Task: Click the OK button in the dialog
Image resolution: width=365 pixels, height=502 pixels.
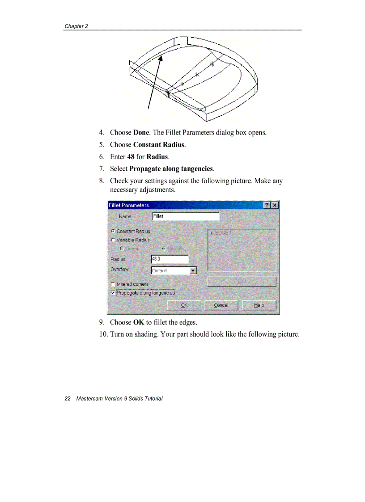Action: click(x=184, y=305)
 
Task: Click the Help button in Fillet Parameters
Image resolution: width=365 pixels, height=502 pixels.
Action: click(x=259, y=305)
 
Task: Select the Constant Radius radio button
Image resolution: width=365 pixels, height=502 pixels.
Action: click(x=113, y=232)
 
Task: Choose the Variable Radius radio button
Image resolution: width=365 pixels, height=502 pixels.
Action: click(x=113, y=240)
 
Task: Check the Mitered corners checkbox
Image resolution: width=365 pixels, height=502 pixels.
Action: click(x=113, y=284)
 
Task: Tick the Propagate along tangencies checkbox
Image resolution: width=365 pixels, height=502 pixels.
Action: click(x=113, y=293)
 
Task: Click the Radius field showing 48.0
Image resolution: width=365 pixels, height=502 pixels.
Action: click(x=170, y=259)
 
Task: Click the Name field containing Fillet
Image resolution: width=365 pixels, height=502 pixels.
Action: click(x=186, y=216)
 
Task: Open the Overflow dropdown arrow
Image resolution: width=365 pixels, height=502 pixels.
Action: click(x=193, y=270)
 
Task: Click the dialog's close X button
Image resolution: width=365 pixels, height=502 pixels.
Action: click(x=275, y=205)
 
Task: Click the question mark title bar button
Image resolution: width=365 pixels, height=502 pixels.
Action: click(x=267, y=205)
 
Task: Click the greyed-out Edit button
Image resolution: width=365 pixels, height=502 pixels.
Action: click(x=242, y=282)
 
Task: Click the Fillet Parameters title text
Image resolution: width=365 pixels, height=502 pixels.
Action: click(x=129, y=205)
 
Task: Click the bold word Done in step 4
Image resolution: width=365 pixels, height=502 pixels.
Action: click(x=141, y=133)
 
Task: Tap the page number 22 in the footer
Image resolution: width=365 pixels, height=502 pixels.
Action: click(x=68, y=398)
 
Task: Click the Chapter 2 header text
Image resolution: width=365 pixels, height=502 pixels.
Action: click(x=76, y=26)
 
